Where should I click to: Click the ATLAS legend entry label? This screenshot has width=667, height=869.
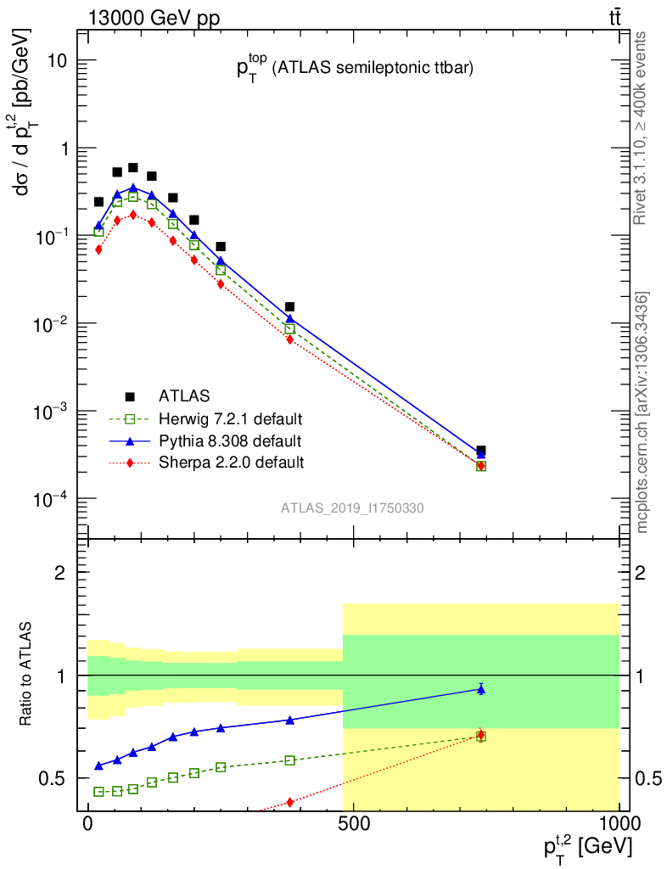click(183, 395)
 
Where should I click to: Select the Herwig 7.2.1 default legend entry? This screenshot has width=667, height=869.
click(230, 418)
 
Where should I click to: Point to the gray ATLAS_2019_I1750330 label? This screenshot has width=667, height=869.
click(352, 508)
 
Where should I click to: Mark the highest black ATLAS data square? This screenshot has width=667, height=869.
click(133, 168)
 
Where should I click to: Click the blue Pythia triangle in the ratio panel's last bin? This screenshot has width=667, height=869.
click(481, 689)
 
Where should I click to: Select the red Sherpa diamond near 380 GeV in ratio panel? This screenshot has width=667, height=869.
click(290, 802)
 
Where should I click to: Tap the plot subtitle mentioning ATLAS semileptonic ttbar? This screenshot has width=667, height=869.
click(354, 69)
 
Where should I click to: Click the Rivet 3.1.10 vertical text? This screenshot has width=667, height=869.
click(641, 127)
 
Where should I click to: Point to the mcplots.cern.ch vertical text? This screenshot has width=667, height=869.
click(642, 412)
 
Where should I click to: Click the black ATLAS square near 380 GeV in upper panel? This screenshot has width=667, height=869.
click(290, 307)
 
